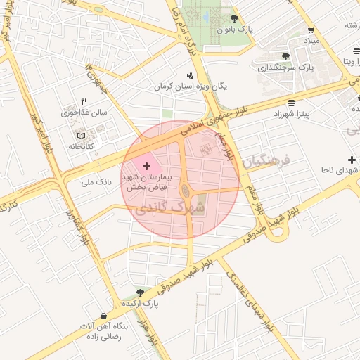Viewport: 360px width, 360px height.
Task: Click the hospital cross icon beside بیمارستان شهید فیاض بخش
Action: coord(146,167)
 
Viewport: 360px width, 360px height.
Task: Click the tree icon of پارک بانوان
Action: coord(235,19)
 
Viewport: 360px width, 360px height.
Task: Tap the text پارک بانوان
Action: coord(235,30)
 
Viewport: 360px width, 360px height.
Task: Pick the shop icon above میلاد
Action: coord(311,30)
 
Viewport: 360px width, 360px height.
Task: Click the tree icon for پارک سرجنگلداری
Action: coord(285,56)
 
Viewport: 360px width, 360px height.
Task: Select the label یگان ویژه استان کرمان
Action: coord(192,86)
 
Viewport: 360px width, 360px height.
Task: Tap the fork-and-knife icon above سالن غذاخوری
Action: coord(84,101)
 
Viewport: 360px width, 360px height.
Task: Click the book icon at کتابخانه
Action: coord(80,134)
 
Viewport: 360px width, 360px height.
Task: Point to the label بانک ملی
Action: coord(98,182)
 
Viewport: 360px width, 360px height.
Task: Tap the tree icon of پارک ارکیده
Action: coord(139,292)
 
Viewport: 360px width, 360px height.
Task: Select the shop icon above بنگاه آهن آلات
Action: coord(104,316)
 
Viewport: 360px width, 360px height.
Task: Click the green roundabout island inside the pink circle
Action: coord(185,191)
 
